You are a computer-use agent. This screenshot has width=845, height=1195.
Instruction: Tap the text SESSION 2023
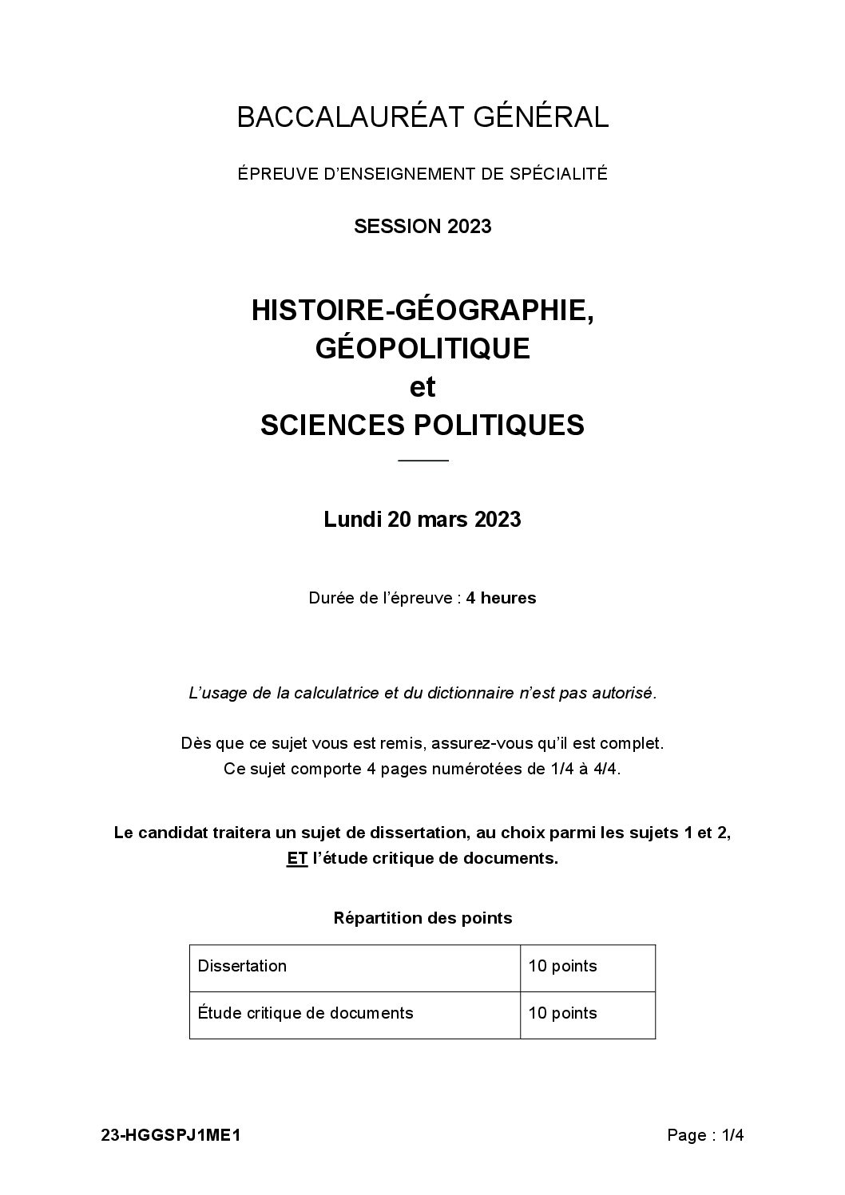422,226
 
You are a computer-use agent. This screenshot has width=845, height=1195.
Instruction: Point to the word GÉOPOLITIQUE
422,348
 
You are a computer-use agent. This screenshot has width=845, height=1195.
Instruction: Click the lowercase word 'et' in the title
422,386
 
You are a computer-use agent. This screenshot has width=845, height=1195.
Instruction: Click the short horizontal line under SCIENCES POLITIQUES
422,461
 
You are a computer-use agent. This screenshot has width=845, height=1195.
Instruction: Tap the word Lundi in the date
352,520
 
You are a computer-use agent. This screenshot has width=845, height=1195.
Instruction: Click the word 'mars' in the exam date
445,520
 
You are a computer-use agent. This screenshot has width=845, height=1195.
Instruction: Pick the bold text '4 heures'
502,598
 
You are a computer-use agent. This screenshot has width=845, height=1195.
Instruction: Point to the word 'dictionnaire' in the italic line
467,693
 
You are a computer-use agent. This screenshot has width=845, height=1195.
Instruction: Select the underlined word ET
297,859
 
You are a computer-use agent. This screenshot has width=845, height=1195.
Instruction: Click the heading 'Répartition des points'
422,918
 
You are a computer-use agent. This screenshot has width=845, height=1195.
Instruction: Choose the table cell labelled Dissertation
242,966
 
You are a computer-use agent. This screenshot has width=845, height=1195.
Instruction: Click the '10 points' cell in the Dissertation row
562,966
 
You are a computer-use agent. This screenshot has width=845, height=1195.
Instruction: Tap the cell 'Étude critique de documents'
305,1013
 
